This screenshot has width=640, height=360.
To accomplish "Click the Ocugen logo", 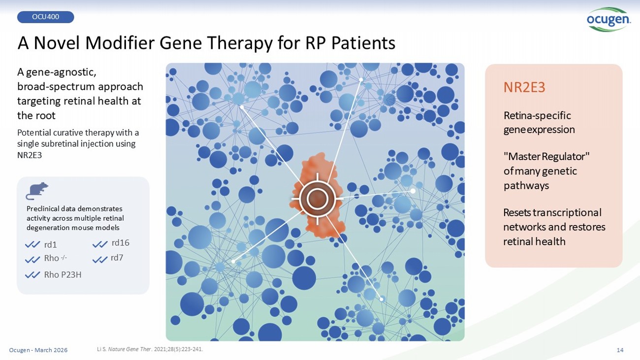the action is tap(608, 19).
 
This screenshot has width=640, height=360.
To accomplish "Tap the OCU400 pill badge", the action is tap(45, 17).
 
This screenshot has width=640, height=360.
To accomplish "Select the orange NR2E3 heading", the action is tap(524, 87).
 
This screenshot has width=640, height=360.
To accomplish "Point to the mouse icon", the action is tap(37, 191).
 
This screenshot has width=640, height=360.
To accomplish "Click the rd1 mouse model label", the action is tap(50, 245).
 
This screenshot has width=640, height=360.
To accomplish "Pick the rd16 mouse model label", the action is tap(120, 243).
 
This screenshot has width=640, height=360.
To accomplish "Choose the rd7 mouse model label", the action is tap(117, 258).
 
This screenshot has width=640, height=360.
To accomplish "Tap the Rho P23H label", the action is tap(63, 275).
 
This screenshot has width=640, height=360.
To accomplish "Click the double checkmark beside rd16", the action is tap(100, 245).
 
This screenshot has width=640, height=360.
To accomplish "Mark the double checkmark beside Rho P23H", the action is tap(32, 275).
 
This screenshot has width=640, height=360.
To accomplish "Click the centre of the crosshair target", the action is tap(317, 198).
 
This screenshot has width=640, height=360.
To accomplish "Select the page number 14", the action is tap(620, 350).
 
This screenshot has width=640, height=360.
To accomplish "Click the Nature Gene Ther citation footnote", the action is tap(150, 349).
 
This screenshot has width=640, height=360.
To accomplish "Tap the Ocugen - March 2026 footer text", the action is tap(38, 350).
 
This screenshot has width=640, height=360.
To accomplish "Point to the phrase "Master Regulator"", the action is tap(546, 156).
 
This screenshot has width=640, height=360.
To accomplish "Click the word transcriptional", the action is tap(567, 213).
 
